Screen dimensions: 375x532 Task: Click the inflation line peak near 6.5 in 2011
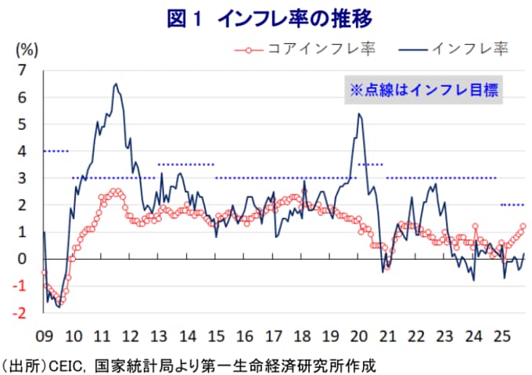[116, 84]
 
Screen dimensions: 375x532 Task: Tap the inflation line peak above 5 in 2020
[358, 114]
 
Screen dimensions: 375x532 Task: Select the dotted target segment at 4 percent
[56, 151]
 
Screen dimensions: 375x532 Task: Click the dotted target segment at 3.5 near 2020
[370, 164]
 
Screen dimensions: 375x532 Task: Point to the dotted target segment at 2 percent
[512, 205]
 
